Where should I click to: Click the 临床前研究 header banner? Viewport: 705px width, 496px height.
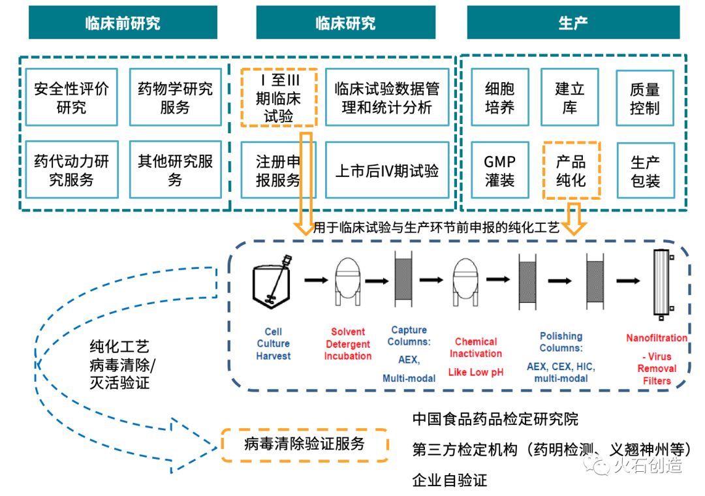point(123,23)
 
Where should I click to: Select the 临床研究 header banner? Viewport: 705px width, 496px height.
point(345,23)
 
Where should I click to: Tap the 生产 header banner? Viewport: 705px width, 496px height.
point(572,23)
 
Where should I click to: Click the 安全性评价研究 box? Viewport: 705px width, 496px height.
point(72,97)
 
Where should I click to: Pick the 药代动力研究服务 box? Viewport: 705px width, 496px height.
point(72,170)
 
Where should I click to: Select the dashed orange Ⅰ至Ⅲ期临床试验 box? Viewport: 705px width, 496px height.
point(279,97)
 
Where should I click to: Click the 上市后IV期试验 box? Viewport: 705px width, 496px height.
point(387,170)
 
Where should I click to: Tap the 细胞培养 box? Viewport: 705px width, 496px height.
point(500,97)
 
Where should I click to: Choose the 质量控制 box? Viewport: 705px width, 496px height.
point(644,97)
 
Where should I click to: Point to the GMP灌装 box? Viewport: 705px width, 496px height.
point(500,170)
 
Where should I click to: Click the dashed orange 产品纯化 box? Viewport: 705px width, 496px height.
point(571,170)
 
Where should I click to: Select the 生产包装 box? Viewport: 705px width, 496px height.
point(644,170)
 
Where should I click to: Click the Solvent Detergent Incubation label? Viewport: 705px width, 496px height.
point(348,344)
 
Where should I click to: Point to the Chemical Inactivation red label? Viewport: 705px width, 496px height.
point(476,347)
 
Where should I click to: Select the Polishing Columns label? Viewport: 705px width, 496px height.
point(561,341)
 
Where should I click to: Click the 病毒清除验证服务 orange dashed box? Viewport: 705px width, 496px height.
point(304,445)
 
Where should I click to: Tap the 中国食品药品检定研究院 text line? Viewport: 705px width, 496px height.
point(495,418)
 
